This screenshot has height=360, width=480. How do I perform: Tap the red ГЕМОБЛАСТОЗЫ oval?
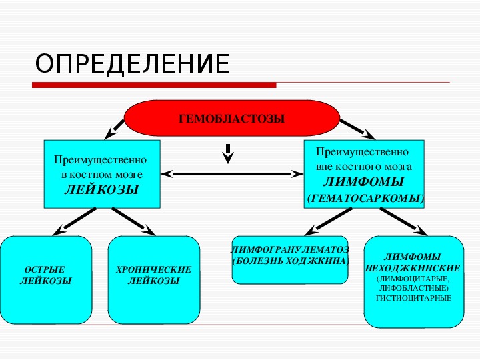[231, 118]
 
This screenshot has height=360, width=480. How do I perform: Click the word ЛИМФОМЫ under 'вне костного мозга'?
[363, 182]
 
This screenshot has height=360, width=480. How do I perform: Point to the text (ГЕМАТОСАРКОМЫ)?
[365, 199]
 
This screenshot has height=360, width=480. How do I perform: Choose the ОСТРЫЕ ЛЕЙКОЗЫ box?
[46, 279]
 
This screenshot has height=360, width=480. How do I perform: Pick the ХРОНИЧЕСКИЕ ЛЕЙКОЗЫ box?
[153, 279]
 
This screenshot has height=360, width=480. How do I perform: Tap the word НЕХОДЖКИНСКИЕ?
[413, 267]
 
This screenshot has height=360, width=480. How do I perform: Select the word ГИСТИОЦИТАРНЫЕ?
[413, 298]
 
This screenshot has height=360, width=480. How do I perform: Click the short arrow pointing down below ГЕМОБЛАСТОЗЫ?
[228, 153]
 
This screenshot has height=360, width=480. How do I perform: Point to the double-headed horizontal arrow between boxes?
[232, 174]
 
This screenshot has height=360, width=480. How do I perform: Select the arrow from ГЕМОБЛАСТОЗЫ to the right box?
[354, 128]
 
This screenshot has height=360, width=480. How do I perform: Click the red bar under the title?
[154, 85]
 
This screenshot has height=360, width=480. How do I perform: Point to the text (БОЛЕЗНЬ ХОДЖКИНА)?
[290, 261]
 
